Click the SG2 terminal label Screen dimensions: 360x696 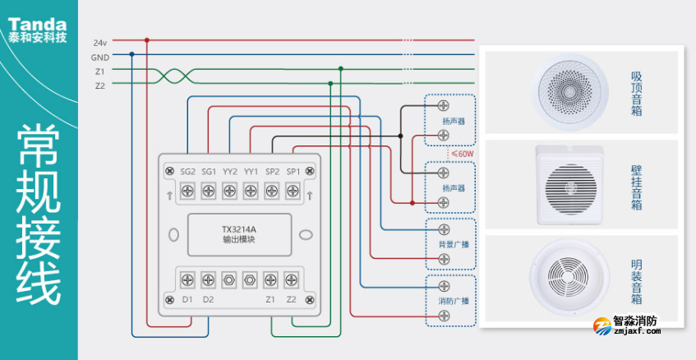tap(187, 171)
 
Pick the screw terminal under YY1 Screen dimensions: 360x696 tap(251, 192)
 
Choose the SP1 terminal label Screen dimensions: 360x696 tap(293, 171)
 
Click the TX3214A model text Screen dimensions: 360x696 tap(239, 228)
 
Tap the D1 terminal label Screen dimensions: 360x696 tap(187, 299)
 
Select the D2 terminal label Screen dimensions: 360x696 tap(209, 299)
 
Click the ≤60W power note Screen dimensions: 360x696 tap(461, 153)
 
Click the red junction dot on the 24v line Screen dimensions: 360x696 tap(147, 39)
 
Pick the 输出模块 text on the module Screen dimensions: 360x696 tap(239, 240)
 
